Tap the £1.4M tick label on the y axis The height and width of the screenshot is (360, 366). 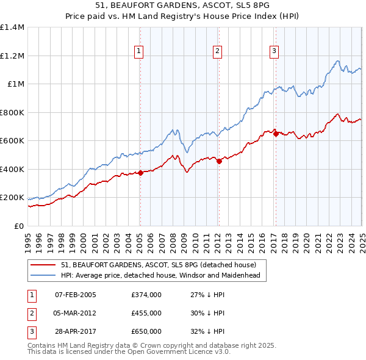[12, 27]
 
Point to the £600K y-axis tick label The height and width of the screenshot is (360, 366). [12, 141]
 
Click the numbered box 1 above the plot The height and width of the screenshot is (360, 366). [140, 52]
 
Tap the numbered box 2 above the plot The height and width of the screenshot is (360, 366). [217, 52]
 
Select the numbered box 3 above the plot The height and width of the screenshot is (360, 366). [274, 52]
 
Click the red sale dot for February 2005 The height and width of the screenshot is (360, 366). [140, 173]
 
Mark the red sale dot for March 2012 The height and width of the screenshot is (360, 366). [219, 161]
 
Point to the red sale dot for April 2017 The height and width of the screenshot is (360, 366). [276, 134]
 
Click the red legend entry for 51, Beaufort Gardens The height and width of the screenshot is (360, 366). [162, 264]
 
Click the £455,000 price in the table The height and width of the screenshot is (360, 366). [146, 313]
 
